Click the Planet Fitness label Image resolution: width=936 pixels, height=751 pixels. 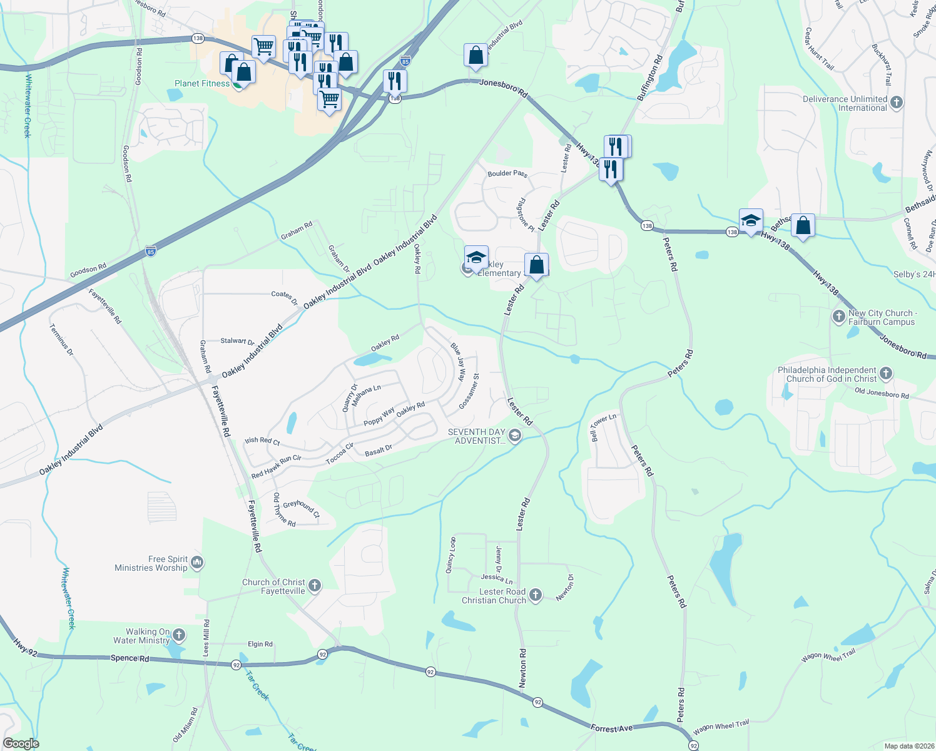point(202,83)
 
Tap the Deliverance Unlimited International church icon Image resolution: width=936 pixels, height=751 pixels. point(896,103)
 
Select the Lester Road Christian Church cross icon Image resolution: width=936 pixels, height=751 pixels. point(536,595)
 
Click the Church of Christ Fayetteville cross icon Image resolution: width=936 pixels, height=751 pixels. point(315,586)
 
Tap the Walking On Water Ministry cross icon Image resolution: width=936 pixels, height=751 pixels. point(179,636)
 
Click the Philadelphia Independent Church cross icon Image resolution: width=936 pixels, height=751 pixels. point(885,374)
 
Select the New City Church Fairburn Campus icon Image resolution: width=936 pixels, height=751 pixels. point(839,317)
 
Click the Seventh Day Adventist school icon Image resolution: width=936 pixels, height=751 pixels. point(514,436)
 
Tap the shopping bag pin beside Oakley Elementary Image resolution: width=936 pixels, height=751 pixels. point(536,265)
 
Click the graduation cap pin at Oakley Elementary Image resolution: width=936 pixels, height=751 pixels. point(476,258)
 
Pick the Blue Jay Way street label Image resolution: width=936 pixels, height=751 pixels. point(459,361)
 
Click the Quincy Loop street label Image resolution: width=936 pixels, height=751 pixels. point(450,554)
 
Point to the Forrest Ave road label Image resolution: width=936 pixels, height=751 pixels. point(612,728)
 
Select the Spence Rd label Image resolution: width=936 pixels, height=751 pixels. point(130,658)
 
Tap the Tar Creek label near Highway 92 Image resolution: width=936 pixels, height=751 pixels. point(257,686)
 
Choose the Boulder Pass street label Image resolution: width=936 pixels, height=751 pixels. point(507,173)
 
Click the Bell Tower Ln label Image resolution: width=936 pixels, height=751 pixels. point(603,427)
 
